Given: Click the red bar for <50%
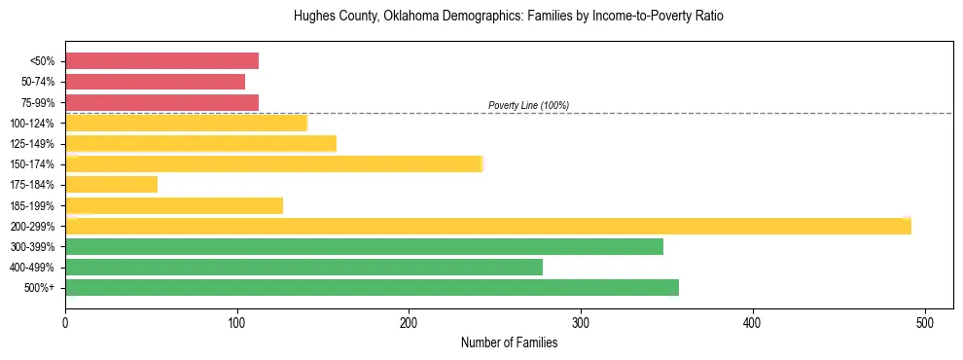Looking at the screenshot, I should coord(161,61).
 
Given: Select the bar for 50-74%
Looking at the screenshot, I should coord(155,82).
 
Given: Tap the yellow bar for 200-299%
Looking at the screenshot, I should coord(487,226).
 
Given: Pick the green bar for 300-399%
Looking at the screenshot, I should coord(364,246).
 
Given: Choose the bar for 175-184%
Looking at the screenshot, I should coord(111,184).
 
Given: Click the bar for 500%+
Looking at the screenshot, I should coord(372,287).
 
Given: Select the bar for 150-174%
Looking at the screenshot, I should coord(273,163).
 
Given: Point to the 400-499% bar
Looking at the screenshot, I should coord(303,267).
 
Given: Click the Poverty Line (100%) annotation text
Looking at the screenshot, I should coord(528,105).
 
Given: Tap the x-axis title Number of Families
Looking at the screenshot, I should coord(509,342).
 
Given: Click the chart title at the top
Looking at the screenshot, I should coord(508,17).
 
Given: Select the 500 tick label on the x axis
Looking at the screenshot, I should coord(925,323).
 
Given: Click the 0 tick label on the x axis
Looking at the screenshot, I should coord(65,323).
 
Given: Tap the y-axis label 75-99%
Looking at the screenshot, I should coord(37,102).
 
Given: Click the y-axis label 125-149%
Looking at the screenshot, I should coord(33,144).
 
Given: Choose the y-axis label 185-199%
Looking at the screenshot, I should coord(33,205).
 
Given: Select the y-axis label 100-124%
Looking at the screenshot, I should coord(33,124).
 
